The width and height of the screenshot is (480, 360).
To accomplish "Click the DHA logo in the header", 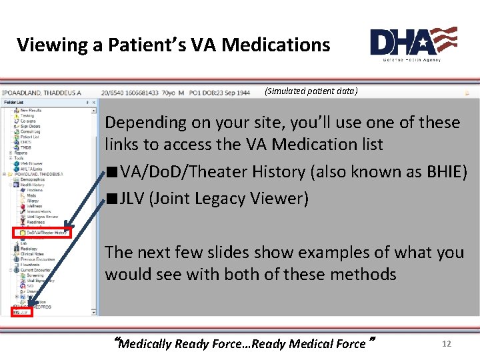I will point(413,43).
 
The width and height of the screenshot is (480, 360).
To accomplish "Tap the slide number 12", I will point(447,344).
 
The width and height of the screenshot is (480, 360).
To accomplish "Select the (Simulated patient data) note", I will point(311,91).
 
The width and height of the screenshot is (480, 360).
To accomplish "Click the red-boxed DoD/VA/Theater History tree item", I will point(41,233).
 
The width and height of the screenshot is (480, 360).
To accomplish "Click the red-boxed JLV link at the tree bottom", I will point(22,311).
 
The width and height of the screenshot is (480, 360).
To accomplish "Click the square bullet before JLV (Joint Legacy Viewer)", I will point(111,199).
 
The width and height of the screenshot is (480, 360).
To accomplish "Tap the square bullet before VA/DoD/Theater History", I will point(111,172).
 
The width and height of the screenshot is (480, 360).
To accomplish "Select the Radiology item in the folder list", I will point(29,249).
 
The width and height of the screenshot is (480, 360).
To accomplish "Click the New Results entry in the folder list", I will point(31,110).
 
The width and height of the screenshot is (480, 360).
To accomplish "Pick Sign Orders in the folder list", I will point(30,126).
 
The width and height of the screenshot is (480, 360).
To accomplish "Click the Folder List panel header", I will point(13,102).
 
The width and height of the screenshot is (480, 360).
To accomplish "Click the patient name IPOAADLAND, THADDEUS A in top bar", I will point(41,93).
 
